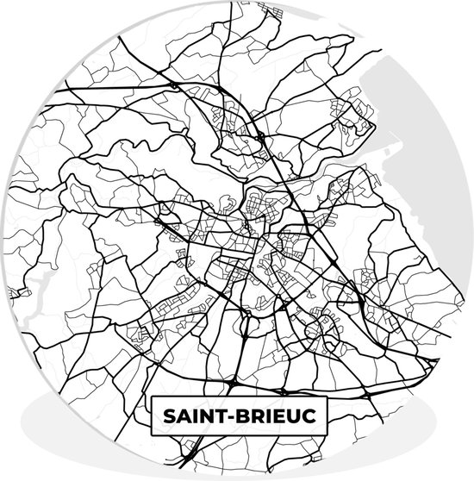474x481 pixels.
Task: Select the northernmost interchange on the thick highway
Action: pyautogui.click(x=175, y=84)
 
